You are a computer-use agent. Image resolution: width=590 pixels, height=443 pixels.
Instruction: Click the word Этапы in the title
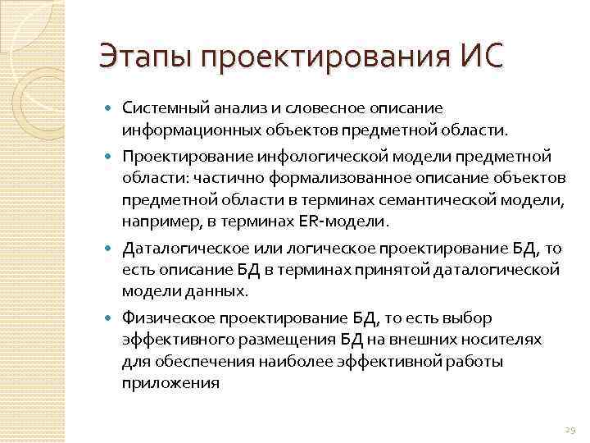coord(143,57)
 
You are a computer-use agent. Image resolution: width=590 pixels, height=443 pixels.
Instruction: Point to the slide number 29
coord(570,429)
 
